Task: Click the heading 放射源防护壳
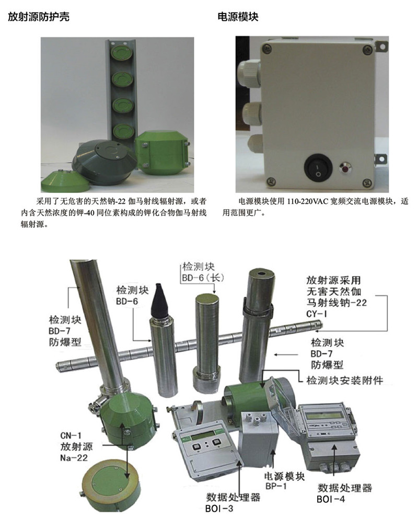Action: (x=39, y=17)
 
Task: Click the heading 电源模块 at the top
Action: (x=238, y=17)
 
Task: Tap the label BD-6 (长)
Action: (x=203, y=278)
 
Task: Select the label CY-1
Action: (x=316, y=314)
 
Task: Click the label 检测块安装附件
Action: (x=345, y=381)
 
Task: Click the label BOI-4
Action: (x=331, y=499)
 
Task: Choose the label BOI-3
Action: (x=219, y=509)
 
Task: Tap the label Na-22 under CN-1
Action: (x=74, y=458)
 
